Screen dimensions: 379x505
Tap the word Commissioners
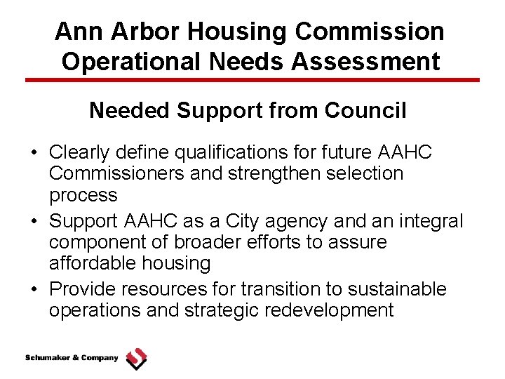[x=119, y=173]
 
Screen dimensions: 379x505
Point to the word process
[x=83, y=194]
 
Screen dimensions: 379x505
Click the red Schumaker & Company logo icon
[x=137, y=359]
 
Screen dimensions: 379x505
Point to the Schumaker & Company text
[x=72, y=358]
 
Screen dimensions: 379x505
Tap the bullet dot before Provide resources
[x=34, y=290]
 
